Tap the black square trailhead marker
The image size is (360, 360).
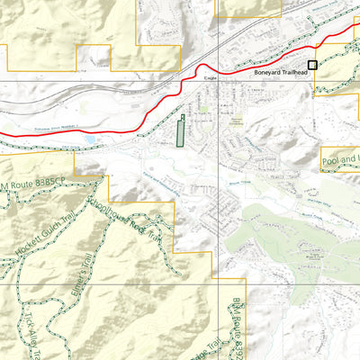click(x=313, y=65)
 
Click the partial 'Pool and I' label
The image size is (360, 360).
click(x=340, y=163)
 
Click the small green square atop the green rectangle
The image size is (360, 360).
click(x=182, y=116)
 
